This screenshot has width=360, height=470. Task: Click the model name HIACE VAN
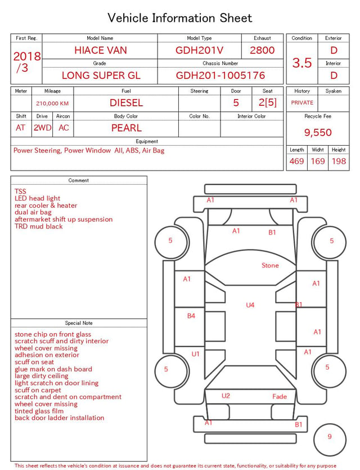tap(101, 50)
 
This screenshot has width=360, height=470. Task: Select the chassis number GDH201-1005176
tap(220, 75)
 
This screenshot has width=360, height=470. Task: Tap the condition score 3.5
tap(302, 63)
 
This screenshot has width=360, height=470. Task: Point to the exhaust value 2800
tap(262, 50)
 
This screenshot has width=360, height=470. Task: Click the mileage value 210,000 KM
tap(52, 104)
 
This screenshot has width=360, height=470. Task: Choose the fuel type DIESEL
tap(127, 103)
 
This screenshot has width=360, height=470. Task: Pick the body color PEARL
tap(127, 128)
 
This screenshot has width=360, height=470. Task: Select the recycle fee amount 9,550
tap(318, 132)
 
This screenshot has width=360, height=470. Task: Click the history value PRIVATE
tap(302, 103)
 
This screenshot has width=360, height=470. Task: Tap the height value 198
tap(339, 161)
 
